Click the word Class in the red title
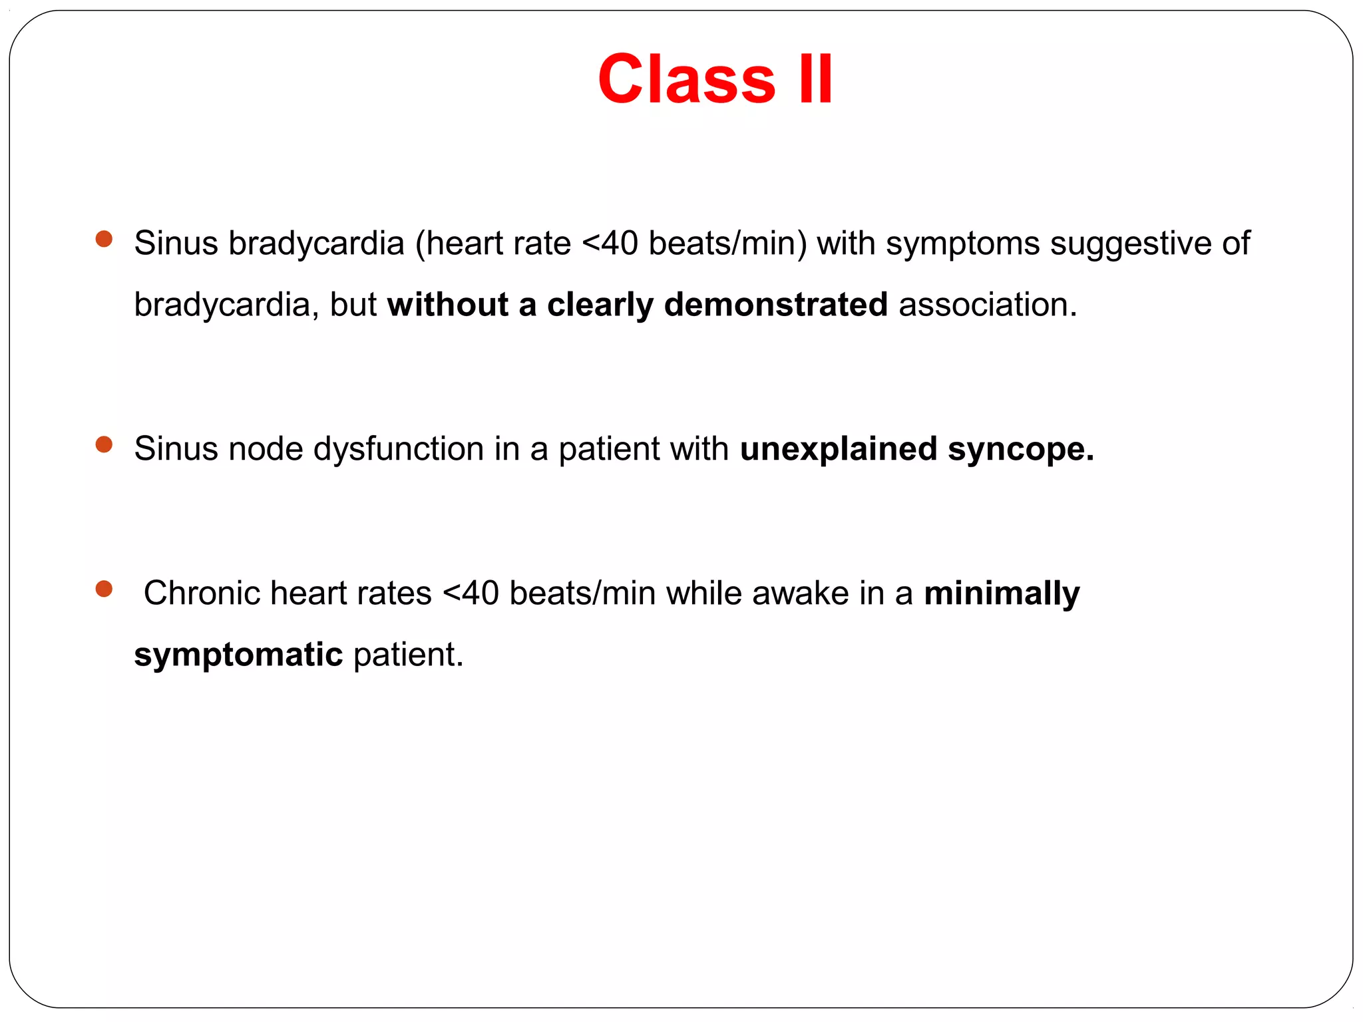click(x=686, y=80)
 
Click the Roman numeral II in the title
click(x=815, y=80)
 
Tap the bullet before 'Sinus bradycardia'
click(x=104, y=239)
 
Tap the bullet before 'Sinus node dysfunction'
click(x=104, y=444)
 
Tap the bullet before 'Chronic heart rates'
click(x=104, y=589)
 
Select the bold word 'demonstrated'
click(x=775, y=305)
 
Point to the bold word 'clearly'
click(x=600, y=305)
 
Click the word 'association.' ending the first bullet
click(x=988, y=305)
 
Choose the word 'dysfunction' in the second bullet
click(x=398, y=449)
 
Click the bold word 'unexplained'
click(x=839, y=449)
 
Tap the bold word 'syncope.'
click(x=1021, y=449)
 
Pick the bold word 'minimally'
click(x=1002, y=594)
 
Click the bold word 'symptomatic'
click(x=238, y=655)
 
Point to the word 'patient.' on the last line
click(x=408, y=655)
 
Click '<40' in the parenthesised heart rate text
click(x=610, y=244)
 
